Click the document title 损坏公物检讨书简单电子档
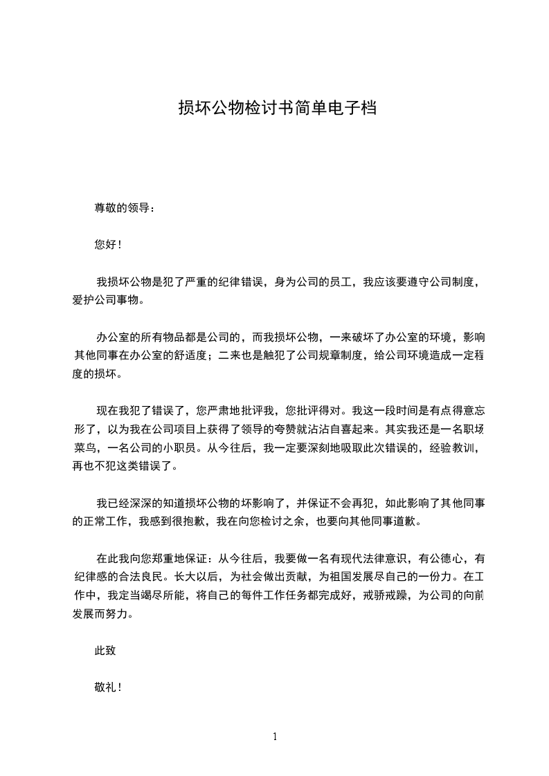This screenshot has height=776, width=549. click(x=277, y=108)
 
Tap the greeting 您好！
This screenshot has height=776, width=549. click(x=108, y=244)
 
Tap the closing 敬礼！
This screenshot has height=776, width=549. click(x=108, y=688)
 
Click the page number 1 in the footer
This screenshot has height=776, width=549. click(x=275, y=737)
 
